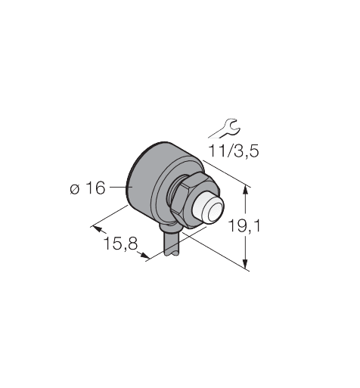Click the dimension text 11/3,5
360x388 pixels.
(234, 151)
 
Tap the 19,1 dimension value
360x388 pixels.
(244, 224)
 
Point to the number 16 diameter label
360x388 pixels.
(95, 188)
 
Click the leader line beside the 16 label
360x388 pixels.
(116, 184)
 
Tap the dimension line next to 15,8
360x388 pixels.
(121, 240)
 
